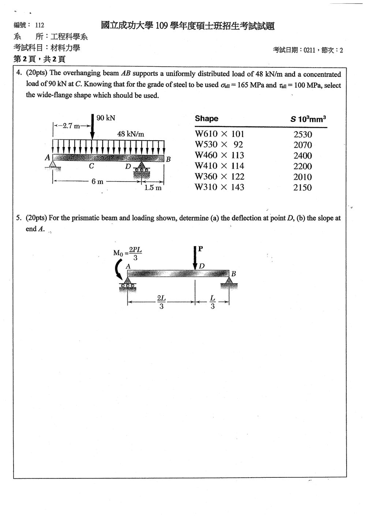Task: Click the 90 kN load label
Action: point(106,118)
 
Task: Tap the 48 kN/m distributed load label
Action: point(131,134)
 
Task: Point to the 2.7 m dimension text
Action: point(71,126)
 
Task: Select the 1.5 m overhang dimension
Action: point(153,187)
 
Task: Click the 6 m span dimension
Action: point(97,181)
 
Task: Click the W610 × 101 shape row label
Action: point(219,134)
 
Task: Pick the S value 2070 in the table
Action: point(303,145)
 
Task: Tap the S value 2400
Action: point(303,156)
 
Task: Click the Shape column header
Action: point(206,118)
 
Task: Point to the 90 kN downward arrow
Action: point(93,127)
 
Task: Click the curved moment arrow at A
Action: point(119,269)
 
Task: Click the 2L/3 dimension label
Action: point(161,302)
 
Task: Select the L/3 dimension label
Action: point(213,302)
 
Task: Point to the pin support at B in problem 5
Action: point(229,283)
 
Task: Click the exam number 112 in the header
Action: point(40,25)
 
